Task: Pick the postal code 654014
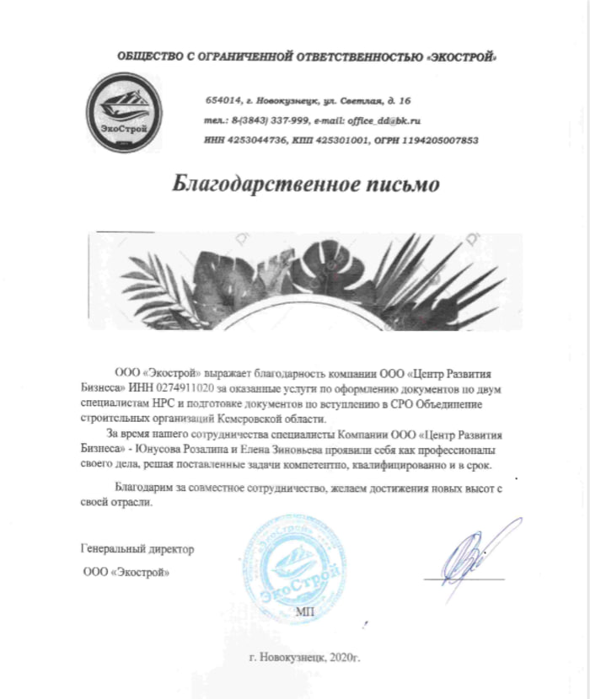(x=222, y=100)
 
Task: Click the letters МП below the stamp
(x=304, y=611)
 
